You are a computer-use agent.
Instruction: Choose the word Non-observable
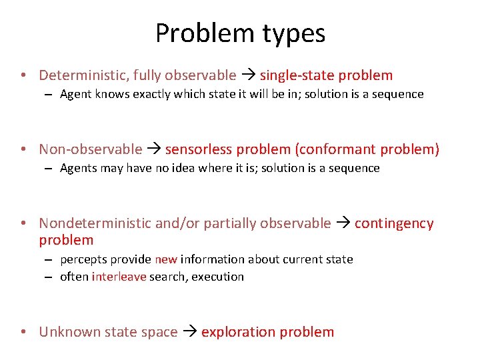coord(91,149)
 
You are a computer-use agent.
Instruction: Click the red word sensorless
coord(197,149)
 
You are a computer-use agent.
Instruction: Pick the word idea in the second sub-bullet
coord(176,168)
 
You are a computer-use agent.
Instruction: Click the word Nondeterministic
coord(95,223)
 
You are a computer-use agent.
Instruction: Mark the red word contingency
coord(394,223)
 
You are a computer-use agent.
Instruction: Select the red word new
coord(165,259)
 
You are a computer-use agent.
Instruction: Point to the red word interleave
coord(119,277)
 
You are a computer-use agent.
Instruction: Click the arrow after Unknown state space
coord(189,332)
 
